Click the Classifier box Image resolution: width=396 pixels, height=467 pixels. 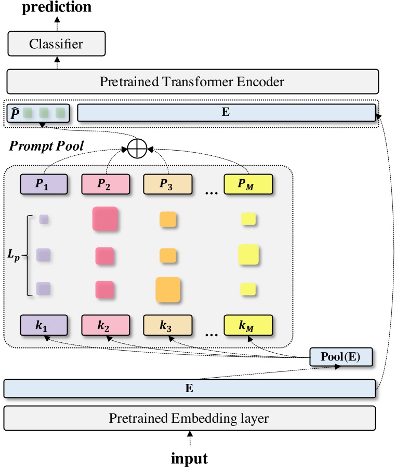(x=56, y=44)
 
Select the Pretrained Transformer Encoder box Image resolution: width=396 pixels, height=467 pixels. (x=192, y=82)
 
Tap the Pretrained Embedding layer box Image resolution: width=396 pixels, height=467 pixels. (x=189, y=418)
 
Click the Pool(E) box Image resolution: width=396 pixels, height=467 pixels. (x=341, y=357)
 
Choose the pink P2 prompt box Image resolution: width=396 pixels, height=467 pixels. (x=106, y=184)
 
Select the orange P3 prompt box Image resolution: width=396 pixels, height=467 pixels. (x=167, y=184)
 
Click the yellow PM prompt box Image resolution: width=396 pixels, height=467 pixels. (x=248, y=184)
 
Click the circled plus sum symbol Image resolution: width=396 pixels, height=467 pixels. (x=137, y=150)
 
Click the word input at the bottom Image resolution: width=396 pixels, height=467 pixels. (x=189, y=458)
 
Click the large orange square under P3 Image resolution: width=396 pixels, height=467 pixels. (x=168, y=290)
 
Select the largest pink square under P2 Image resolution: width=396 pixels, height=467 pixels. (x=105, y=219)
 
